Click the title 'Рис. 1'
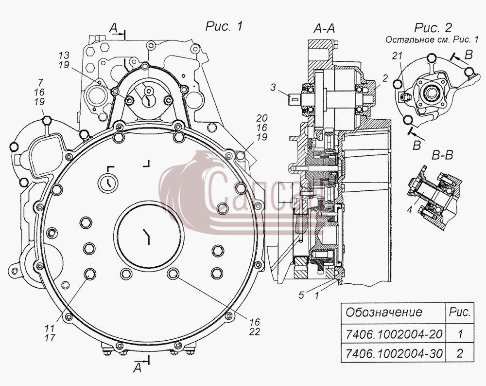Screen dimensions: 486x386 pyautogui.click(x=224, y=27)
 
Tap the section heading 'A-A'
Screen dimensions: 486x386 pyautogui.click(x=324, y=29)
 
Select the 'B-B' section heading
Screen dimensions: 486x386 pyautogui.click(x=442, y=155)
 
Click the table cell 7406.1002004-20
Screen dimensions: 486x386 pyautogui.click(x=394, y=334)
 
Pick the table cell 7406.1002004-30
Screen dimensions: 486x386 pyautogui.click(x=394, y=353)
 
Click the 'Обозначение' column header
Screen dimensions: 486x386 pyautogui.click(x=384, y=312)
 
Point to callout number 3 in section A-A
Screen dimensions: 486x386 pyautogui.click(x=273, y=88)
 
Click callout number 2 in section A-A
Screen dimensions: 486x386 pyautogui.click(x=384, y=78)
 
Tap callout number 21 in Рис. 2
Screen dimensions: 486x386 pyautogui.click(x=397, y=56)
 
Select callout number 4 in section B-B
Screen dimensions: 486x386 pyautogui.click(x=409, y=210)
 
